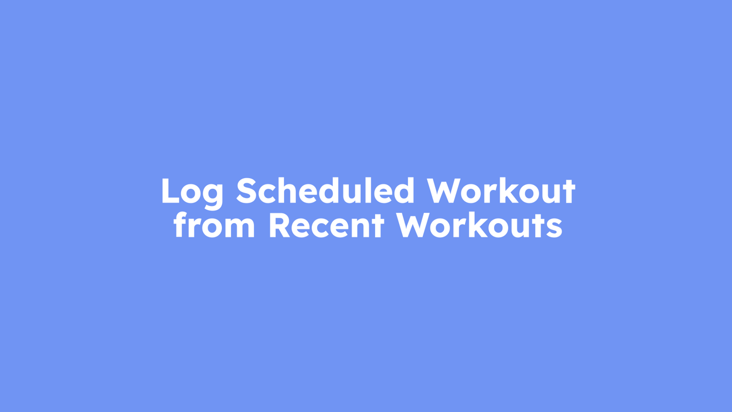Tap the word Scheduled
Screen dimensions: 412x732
(x=325, y=191)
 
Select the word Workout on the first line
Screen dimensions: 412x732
(x=501, y=191)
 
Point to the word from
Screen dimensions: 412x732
(x=214, y=225)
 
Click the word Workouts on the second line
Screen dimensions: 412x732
(x=480, y=225)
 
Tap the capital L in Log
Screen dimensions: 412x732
(x=170, y=191)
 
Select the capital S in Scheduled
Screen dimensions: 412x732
(x=247, y=191)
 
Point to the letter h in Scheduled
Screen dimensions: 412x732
(x=289, y=190)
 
